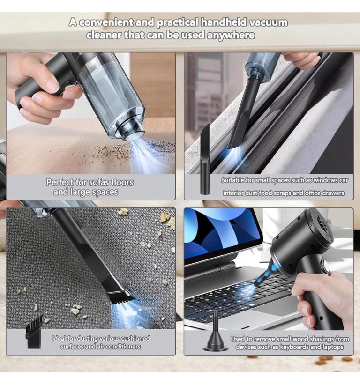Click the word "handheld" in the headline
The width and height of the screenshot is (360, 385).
pos(224,22)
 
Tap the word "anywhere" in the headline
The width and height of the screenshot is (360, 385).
pos(231,35)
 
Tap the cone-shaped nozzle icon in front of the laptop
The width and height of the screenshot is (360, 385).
pos(216,330)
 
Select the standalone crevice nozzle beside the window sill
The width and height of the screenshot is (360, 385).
pos(205,159)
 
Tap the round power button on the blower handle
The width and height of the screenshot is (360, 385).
pos(327,267)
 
